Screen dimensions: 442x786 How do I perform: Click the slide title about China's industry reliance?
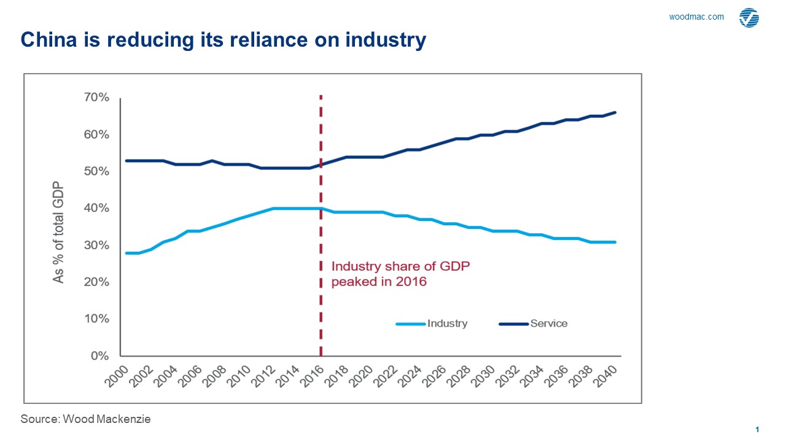(x=223, y=40)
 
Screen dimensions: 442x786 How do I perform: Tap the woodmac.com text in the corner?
(x=696, y=17)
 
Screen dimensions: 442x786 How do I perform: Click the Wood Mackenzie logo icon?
(x=749, y=18)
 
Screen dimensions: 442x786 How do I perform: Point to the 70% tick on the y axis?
(x=96, y=98)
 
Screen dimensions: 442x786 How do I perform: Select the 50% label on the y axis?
(x=96, y=171)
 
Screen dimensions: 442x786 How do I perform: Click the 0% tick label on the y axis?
(x=99, y=356)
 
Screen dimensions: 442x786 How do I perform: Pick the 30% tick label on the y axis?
(x=96, y=246)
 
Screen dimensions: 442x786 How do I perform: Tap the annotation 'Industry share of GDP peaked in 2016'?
(x=400, y=274)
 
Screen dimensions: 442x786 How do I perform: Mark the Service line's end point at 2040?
(x=615, y=112)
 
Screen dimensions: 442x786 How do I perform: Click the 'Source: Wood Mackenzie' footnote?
(x=85, y=419)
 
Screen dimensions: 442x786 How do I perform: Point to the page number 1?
(x=758, y=430)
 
